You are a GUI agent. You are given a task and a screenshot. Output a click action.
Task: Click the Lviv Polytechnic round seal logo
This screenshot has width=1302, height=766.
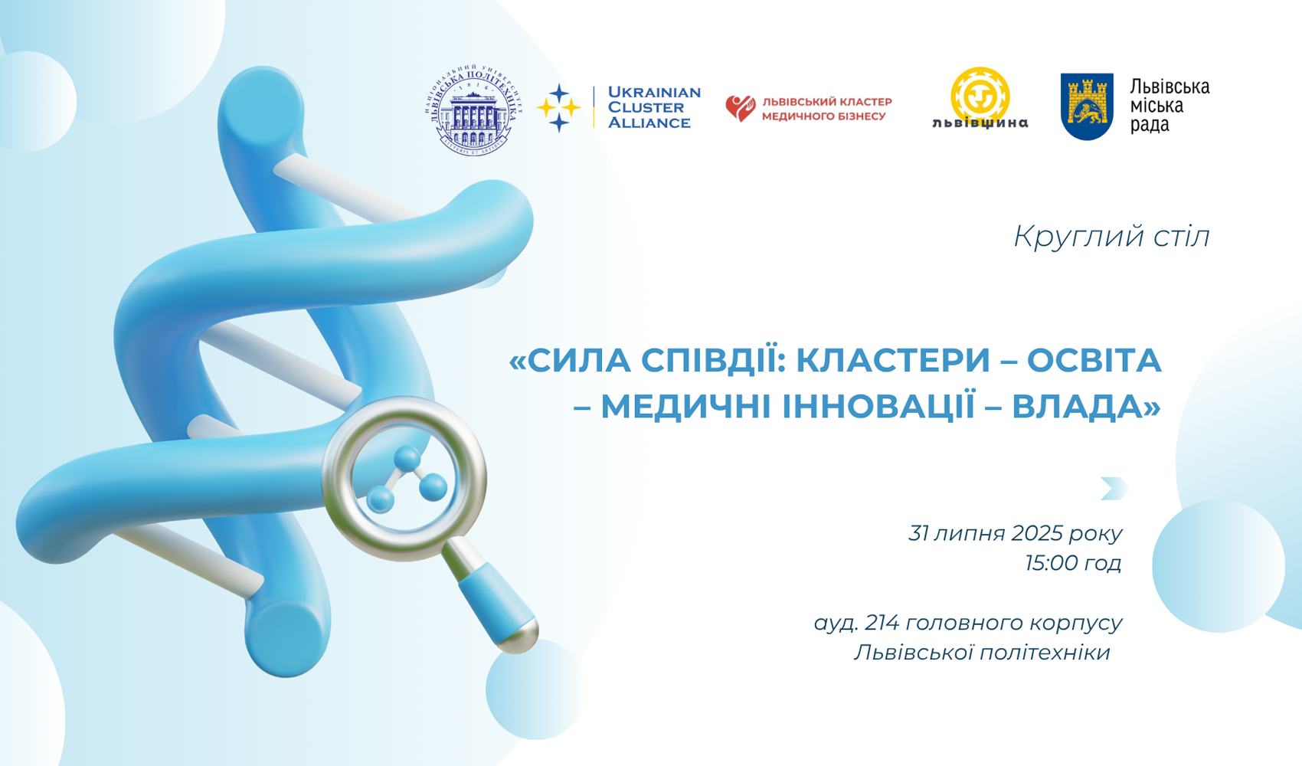473,110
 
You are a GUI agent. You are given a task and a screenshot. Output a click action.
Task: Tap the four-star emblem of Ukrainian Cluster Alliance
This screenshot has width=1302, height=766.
559,108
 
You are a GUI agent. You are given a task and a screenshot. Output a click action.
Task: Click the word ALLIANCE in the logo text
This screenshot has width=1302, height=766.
649,123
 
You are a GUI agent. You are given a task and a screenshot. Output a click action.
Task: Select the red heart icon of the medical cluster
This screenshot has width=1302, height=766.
740,108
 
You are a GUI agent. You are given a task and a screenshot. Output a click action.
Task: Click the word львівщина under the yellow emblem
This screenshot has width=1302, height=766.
980,123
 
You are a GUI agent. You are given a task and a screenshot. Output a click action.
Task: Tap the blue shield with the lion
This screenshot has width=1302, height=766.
1086,106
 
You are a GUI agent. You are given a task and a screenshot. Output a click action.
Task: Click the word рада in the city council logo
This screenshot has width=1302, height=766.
1150,125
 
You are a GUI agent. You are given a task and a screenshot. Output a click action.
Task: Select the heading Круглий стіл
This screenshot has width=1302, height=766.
1111,236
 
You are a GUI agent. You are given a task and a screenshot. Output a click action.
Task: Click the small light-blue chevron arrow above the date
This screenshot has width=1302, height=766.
1114,488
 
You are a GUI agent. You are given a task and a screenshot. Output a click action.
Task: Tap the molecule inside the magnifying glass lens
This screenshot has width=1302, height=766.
407,480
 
